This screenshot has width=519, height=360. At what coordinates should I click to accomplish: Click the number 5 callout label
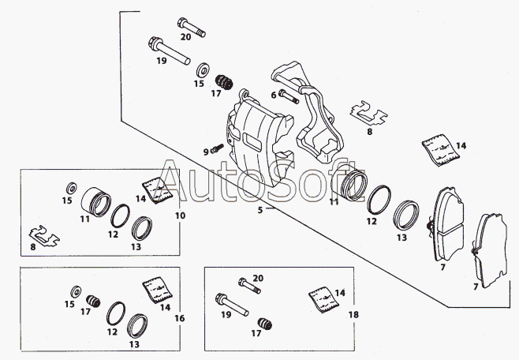[x=260, y=210]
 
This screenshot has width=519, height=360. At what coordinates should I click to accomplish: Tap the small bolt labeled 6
[x=289, y=96]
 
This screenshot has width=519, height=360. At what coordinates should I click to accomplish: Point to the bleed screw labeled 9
[x=217, y=148]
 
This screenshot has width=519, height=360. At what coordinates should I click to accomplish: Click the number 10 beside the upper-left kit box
[x=180, y=216]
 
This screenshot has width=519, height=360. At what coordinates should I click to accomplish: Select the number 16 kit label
[x=180, y=319]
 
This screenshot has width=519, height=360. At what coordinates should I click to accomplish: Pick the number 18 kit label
[x=353, y=315]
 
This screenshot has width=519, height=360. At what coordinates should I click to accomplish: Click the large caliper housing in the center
[x=259, y=142]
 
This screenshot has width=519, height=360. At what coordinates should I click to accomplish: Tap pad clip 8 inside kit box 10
[x=44, y=236]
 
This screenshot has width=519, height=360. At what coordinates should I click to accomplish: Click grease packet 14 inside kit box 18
[x=324, y=299]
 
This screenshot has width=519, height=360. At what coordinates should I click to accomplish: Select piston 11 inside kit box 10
[x=96, y=202]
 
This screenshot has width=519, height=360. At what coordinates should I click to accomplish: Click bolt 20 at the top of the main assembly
[x=192, y=28]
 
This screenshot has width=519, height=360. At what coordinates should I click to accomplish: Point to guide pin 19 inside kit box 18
[x=232, y=305]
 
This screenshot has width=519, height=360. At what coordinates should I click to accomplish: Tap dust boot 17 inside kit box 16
[x=93, y=301]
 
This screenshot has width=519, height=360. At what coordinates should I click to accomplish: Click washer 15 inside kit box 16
[x=77, y=292]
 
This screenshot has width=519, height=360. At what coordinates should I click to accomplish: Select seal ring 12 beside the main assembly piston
[x=379, y=200]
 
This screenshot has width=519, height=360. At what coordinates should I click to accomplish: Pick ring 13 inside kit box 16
[x=137, y=325]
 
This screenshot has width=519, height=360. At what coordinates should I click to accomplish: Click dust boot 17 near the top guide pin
[x=225, y=82]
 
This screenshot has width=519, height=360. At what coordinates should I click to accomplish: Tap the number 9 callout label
[x=206, y=152]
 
